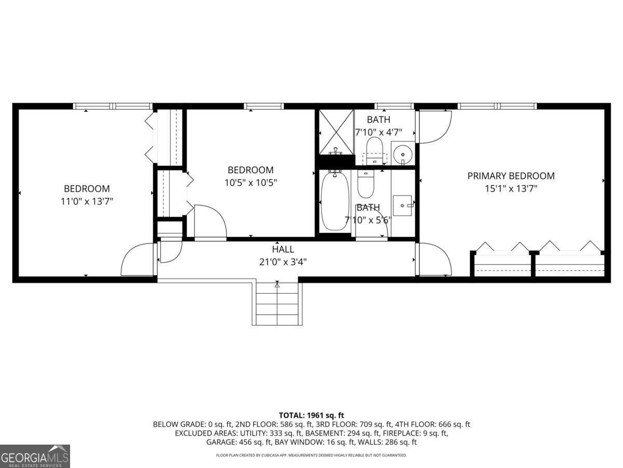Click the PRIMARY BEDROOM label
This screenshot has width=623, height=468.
click(511, 176)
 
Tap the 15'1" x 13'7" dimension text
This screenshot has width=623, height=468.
click(511, 189)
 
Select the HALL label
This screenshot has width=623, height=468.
click(283, 249)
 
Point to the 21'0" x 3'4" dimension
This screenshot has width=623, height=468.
click(283, 262)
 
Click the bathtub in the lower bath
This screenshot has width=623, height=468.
click(335, 202)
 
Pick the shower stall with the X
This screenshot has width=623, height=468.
click(335, 132)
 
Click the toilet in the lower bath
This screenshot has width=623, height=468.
click(365, 185)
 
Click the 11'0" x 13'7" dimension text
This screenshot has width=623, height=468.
click(87, 201)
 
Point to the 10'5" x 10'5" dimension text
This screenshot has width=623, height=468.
click(251, 183)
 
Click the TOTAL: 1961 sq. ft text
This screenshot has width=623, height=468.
click(311, 415)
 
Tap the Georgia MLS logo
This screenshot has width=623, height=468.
click(35, 456)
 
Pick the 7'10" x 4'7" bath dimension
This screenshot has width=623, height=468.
click(378, 132)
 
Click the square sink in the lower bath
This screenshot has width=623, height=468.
click(402, 205)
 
